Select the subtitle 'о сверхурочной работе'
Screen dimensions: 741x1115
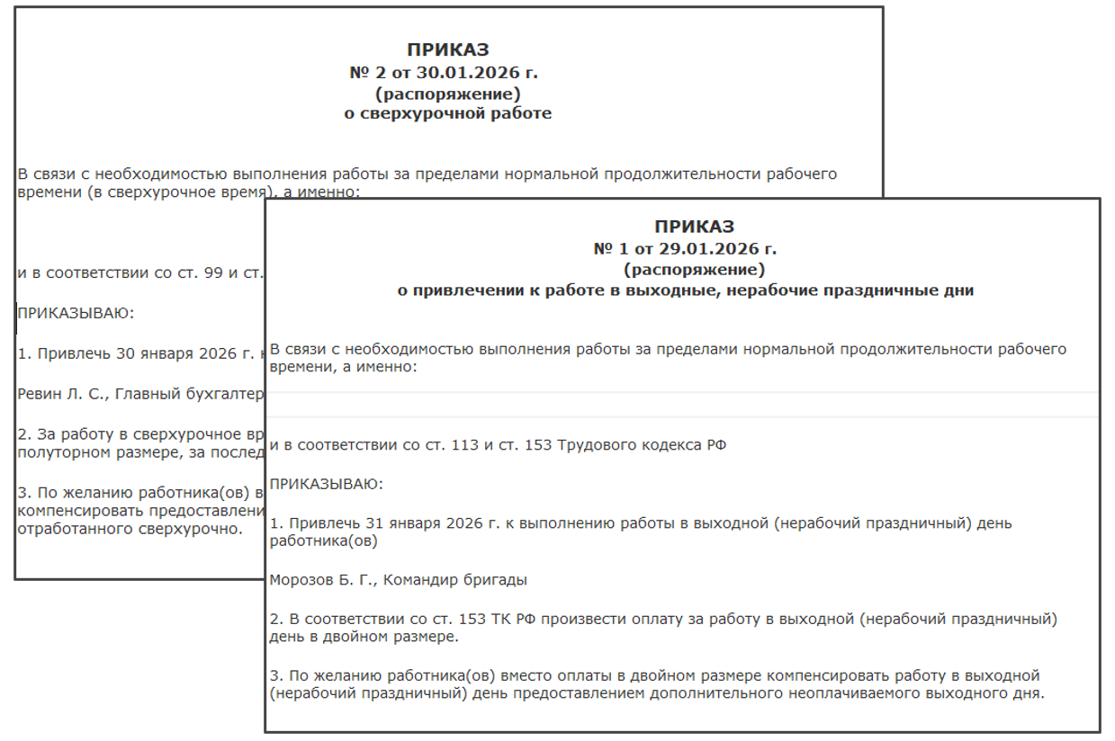448,113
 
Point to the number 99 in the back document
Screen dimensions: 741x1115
213,272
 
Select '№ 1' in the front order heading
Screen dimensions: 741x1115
614,248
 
